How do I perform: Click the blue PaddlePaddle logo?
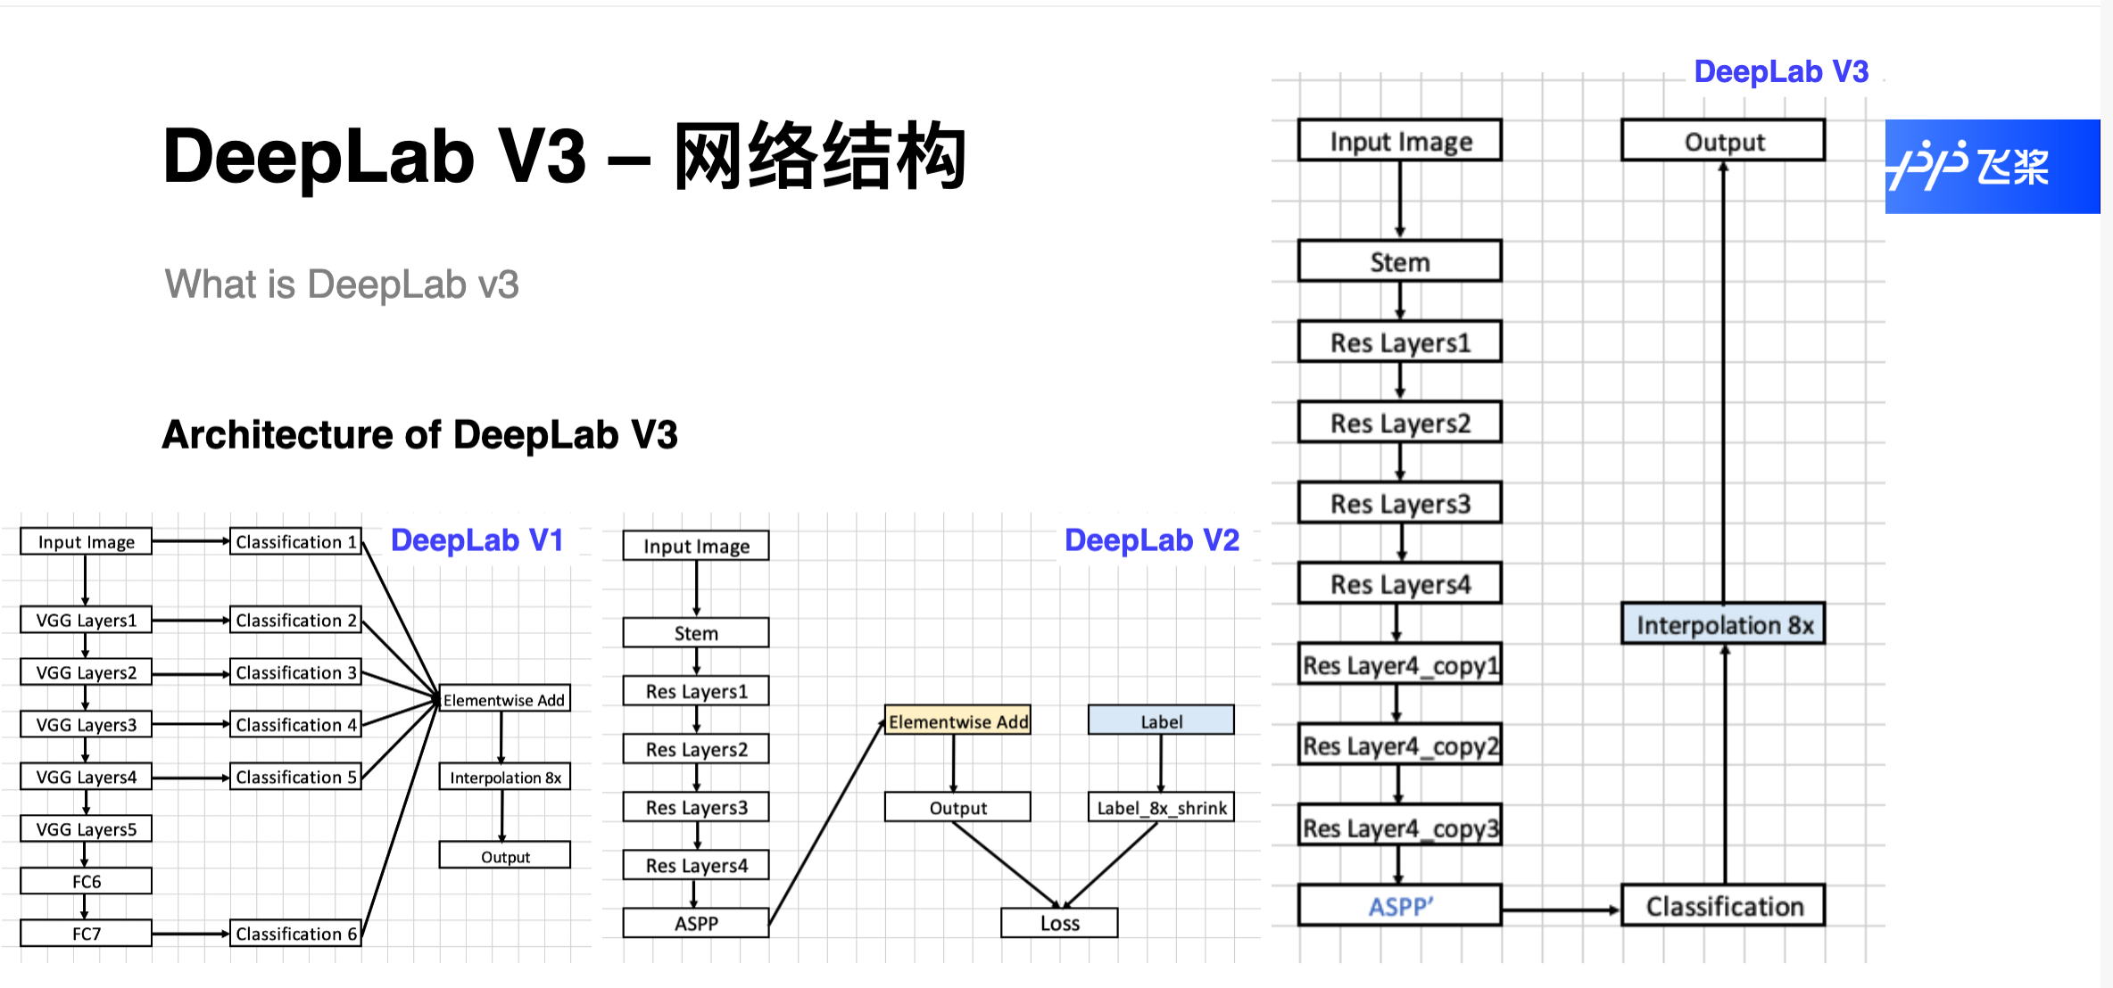point(1991,166)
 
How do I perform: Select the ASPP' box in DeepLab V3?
point(1399,906)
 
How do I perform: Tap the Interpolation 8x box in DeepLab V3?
point(1723,624)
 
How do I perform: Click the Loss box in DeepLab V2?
point(1059,923)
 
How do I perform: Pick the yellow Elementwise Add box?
point(957,720)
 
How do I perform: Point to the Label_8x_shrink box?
point(1161,807)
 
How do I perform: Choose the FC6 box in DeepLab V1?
point(87,881)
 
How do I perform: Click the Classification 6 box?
point(295,933)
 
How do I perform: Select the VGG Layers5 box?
point(87,828)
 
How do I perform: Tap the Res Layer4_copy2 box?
point(1399,745)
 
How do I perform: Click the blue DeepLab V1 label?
point(476,540)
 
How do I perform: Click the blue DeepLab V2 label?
point(1151,540)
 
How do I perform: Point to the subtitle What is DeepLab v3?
point(341,284)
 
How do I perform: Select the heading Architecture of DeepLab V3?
point(419,435)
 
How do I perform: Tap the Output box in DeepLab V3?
point(1723,141)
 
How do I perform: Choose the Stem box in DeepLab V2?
point(696,633)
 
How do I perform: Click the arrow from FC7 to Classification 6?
point(190,934)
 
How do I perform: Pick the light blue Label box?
point(1161,720)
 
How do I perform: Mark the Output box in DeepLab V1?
point(505,856)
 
